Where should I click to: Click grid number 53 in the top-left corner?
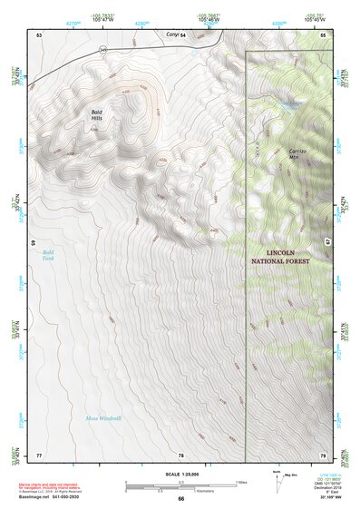pyautogui.click(x=39, y=34)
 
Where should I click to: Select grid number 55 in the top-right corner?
pyautogui.click(x=324, y=34)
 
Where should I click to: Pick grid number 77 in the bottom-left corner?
pyautogui.click(x=39, y=454)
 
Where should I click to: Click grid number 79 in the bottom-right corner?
pyautogui.click(x=323, y=454)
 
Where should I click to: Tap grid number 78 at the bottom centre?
pyautogui.click(x=180, y=454)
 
